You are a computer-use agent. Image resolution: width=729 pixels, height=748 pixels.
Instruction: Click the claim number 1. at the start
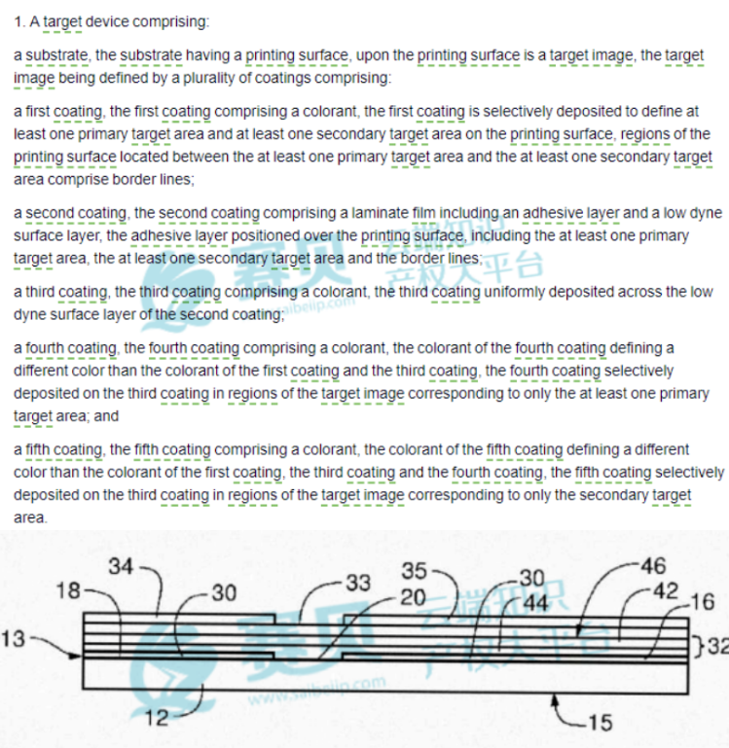(19, 22)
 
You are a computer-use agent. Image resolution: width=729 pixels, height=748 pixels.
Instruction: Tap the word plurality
(208, 78)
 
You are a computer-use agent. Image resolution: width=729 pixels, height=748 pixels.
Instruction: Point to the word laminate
(380, 213)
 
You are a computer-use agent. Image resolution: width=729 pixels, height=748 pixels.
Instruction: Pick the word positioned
(265, 235)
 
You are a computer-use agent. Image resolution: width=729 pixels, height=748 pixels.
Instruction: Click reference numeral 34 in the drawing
(121, 567)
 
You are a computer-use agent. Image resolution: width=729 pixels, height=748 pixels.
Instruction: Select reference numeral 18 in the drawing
(68, 590)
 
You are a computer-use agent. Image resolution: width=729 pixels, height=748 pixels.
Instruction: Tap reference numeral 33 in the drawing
(358, 583)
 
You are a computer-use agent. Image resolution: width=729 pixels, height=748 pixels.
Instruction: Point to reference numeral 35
(414, 571)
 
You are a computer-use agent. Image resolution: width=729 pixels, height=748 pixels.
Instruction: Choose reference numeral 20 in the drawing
(413, 597)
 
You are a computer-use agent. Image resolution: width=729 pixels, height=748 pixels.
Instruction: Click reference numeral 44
(535, 603)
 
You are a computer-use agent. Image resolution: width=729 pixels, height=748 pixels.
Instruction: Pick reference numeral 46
(653, 566)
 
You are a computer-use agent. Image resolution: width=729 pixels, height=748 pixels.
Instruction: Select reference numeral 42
(666, 591)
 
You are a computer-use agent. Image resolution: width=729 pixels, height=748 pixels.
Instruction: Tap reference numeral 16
(703, 602)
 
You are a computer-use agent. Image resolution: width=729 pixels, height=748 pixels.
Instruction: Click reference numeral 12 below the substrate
(157, 718)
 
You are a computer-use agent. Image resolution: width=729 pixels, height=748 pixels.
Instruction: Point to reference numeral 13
(13, 639)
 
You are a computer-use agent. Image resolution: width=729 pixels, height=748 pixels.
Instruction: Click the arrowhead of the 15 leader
(555, 699)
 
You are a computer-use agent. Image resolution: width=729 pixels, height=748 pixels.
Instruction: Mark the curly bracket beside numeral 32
(700, 647)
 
